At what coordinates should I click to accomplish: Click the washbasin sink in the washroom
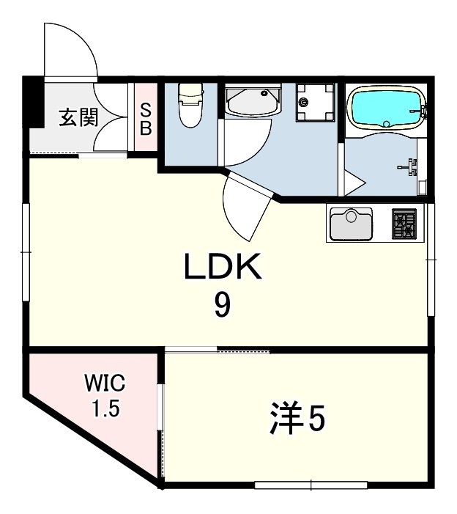coord(253,100)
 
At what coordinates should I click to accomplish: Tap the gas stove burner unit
coord(404,224)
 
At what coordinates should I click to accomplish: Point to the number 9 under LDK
coord(222,305)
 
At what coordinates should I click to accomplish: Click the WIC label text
coord(105,383)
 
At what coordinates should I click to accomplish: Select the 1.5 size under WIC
coord(105,408)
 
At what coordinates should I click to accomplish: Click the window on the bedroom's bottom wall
coord(311,484)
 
